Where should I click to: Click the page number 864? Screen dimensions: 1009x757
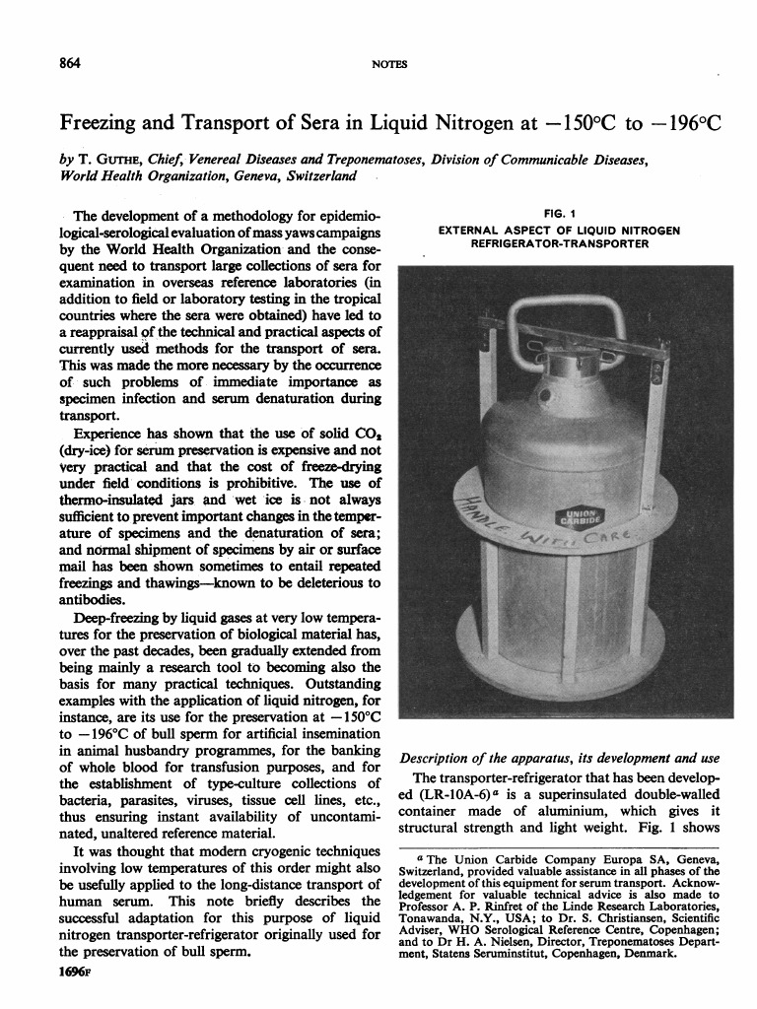click(70, 63)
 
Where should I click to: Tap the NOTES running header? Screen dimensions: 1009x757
click(390, 64)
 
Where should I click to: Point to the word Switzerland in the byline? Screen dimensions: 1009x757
click(319, 176)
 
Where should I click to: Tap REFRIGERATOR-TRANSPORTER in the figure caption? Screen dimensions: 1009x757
click(559, 243)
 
